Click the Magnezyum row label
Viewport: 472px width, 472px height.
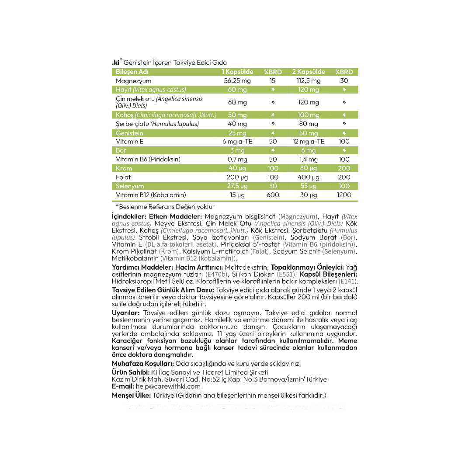133,81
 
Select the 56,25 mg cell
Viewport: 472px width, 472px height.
237,81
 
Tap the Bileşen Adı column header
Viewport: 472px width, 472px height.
132,72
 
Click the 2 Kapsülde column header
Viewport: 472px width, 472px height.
309,72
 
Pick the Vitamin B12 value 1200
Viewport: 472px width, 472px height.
344,195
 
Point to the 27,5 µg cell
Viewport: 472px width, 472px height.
238,186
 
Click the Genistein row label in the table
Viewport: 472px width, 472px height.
129,133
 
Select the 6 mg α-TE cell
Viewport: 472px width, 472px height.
237,142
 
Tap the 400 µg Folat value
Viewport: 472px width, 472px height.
309,177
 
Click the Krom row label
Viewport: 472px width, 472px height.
124,168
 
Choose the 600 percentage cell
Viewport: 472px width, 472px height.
273,195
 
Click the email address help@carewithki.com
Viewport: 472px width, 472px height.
168,386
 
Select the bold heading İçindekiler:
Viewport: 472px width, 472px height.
129,216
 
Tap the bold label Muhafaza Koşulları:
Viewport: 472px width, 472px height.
143,364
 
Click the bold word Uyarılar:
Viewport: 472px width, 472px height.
126,313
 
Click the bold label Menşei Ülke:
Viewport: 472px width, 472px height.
132,396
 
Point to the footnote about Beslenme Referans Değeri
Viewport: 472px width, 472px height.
165,207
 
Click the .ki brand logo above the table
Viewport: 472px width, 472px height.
116,62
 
